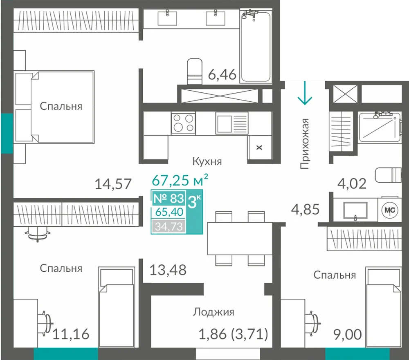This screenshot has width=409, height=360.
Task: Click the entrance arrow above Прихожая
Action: (x=305, y=93)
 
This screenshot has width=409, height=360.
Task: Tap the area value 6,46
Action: (x=222, y=74)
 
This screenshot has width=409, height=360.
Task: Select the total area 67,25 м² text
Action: (x=180, y=180)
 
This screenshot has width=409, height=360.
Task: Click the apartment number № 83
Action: (x=169, y=198)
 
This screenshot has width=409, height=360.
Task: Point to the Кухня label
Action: (x=207, y=161)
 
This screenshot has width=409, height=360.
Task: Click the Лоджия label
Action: (x=213, y=312)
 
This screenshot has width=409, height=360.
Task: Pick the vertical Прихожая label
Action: (x=304, y=144)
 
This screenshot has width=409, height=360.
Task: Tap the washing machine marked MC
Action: (x=390, y=210)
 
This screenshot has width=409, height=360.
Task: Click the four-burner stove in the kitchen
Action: (x=183, y=123)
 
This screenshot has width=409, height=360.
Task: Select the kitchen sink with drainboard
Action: (x=232, y=123)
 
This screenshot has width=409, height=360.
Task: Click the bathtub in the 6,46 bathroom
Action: (x=256, y=46)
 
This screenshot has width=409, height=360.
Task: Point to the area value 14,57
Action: (x=113, y=184)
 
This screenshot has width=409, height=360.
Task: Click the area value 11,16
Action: (x=71, y=334)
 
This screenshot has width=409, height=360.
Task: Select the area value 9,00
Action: (x=348, y=334)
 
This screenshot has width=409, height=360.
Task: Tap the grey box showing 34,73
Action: (x=169, y=226)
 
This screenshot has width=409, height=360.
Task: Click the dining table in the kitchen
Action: (x=240, y=238)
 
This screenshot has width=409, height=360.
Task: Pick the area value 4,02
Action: (x=352, y=184)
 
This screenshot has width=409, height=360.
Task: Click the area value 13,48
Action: (x=168, y=270)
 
